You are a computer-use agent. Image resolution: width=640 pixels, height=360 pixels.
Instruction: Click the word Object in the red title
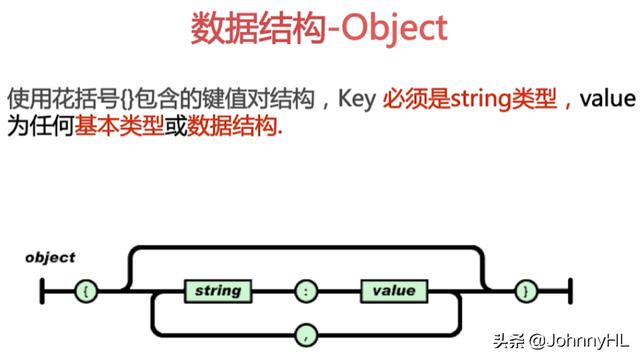394,29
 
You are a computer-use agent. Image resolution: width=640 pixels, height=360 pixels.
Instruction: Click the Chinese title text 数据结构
258,29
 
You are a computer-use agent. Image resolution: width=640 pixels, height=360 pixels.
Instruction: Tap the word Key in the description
357,99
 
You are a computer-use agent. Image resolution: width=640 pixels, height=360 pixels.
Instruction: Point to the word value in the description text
607,99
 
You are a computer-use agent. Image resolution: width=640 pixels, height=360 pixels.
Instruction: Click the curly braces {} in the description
127,99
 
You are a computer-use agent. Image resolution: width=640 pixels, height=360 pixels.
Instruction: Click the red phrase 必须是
416,99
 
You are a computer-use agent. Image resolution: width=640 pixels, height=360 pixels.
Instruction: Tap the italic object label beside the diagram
50,258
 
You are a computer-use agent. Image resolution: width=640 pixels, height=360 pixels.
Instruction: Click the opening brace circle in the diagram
86,291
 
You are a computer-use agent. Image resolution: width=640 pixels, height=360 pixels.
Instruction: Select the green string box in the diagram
218,291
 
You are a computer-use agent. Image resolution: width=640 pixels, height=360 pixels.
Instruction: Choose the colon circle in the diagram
306,291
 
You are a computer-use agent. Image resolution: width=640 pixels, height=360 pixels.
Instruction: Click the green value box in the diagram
394,291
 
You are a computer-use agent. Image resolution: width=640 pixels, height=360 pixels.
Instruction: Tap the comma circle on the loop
306,336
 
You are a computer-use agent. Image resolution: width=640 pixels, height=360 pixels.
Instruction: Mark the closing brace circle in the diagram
526,291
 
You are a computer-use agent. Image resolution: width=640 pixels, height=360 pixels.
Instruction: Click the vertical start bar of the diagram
42,291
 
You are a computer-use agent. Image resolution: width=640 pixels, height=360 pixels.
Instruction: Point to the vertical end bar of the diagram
570,291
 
